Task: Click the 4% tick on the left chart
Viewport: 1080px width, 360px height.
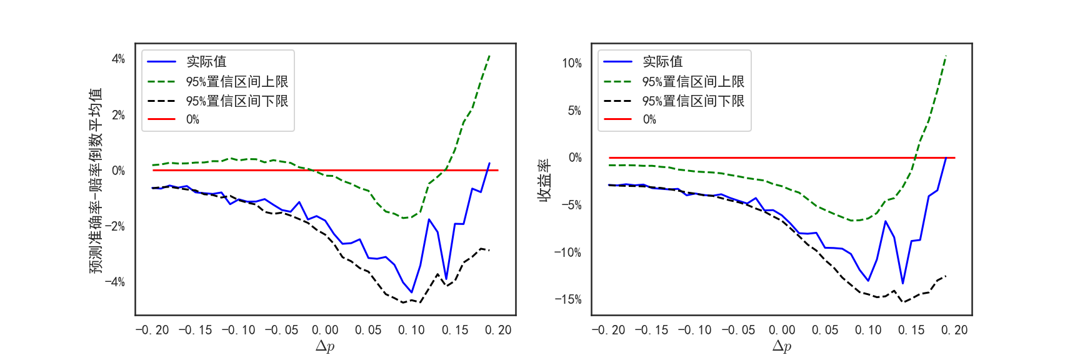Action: pyautogui.click(x=118, y=59)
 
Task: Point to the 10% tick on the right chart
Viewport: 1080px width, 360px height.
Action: pyautogui.click(x=572, y=63)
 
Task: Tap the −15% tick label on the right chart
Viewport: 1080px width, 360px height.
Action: pyautogui.click(x=568, y=299)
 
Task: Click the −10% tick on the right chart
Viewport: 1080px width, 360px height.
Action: pyautogui.click(x=568, y=252)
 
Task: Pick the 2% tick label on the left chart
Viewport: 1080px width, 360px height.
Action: pyautogui.click(x=118, y=115)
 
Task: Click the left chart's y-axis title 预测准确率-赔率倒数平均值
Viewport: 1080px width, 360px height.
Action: pyautogui.click(x=95, y=180)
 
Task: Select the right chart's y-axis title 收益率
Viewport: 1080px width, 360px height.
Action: pyautogui.click(x=545, y=180)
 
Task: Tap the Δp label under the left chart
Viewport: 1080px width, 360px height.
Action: pyautogui.click(x=325, y=346)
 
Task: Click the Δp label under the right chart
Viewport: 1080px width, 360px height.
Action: pyautogui.click(x=782, y=346)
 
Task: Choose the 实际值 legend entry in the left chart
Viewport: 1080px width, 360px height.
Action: pyautogui.click(x=206, y=62)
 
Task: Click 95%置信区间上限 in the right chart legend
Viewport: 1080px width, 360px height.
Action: pyautogui.click(x=693, y=82)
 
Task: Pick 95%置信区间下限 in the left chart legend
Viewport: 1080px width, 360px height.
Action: pyautogui.click(x=237, y=101)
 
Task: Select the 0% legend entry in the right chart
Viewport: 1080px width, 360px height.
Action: pyautogui.click(x=649, y=119)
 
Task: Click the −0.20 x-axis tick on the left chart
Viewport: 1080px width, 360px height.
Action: pyautogui.click(x=152, y=330)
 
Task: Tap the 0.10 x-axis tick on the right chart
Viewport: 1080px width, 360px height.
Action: pyautogui.click(x=868, y=330)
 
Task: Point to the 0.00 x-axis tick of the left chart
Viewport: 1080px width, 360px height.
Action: pyautogui.click(x=325, y=330)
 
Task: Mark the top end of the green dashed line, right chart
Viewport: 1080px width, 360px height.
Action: pyautogui.click(x=946, y=56)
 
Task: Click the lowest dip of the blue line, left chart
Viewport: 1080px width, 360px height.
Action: pyautogui.click(x=412, y=292)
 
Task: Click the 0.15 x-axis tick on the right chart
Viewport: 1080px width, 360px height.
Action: pyautogui.click(x=911, y=330)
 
